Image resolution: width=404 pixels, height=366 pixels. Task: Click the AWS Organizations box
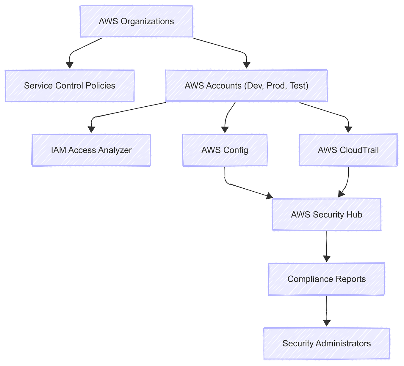136,21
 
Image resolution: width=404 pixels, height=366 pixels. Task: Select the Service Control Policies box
70,86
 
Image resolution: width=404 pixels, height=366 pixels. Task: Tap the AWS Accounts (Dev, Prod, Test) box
246,86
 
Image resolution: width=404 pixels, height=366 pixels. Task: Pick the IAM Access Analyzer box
91,150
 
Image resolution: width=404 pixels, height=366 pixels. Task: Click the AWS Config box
225,150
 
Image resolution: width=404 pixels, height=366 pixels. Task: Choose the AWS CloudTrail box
348,150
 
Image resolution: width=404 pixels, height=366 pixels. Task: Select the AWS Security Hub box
326,214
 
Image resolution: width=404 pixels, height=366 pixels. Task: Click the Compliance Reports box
326,279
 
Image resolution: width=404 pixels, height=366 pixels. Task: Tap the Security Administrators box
326,343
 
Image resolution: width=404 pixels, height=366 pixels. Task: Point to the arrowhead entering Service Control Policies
70,65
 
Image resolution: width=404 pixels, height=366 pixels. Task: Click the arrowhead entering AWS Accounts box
246,65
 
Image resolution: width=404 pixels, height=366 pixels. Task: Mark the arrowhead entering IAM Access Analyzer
91,130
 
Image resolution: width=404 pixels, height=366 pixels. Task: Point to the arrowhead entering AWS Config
225,130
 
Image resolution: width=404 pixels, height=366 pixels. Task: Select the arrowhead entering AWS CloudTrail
348,130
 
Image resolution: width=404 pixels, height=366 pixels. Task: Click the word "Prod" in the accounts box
275,86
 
